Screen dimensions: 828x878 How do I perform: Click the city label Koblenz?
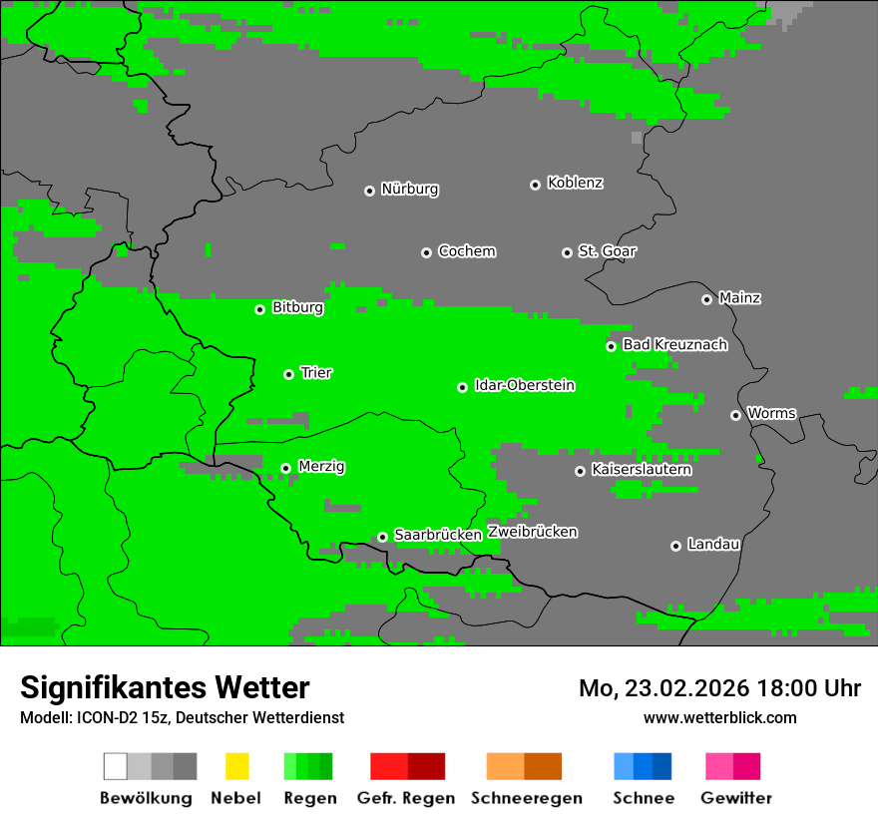click(575, 183)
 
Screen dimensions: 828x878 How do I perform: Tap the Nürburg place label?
click(409, 189)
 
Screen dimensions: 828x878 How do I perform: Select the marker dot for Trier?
click(288, 374)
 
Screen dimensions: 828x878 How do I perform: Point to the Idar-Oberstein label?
click(524, 385)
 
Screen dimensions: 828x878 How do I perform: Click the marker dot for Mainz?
click(706, 299)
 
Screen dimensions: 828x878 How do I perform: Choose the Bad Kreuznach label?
click(674, 344)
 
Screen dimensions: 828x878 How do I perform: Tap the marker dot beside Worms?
click(735, 415)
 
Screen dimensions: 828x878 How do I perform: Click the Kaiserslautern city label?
click(641, 469)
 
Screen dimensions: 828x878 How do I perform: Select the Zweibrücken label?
click(532, 532)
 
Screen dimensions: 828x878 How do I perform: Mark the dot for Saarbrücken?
click(382, 537)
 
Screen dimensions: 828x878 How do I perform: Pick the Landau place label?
click(713, 544)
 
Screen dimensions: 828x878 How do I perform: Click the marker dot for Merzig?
click(285, 468)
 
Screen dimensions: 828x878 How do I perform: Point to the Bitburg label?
click(297, 307)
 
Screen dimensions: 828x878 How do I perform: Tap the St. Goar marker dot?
click(567, 252)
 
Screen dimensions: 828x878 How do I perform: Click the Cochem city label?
click(466, 250)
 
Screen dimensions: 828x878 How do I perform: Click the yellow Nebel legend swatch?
click(236, 766)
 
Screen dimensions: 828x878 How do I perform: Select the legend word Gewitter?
click(735, 798)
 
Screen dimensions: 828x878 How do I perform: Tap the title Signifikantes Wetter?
click(165, 687)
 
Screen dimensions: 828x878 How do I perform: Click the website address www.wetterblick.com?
click(719, 717)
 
